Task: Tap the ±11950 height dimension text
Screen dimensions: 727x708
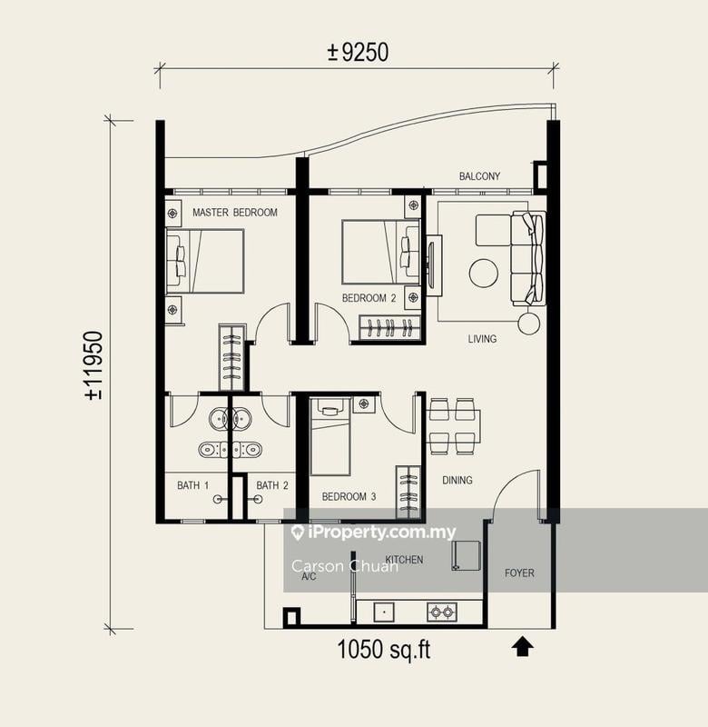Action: click(93, 366)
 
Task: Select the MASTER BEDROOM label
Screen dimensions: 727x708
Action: click(235, 213)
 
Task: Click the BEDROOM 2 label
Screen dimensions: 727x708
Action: click(369, 298)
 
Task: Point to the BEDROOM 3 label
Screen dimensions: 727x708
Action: click(349, 497)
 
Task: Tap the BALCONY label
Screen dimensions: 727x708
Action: click(479, 176)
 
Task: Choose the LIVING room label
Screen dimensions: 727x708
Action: click(482, 339)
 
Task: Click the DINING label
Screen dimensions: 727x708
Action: click(457, 480)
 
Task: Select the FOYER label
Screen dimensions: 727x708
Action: click(519, 573)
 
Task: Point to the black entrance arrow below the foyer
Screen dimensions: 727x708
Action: click(522, 646)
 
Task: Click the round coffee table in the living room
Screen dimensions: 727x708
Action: click(483, 273)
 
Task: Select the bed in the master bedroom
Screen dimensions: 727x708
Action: click(205, 261)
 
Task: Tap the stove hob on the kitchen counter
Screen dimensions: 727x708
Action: click(441, 612)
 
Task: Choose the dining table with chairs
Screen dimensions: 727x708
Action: click(453, 425)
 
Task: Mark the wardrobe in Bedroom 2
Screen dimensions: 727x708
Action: click(390, 327)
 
